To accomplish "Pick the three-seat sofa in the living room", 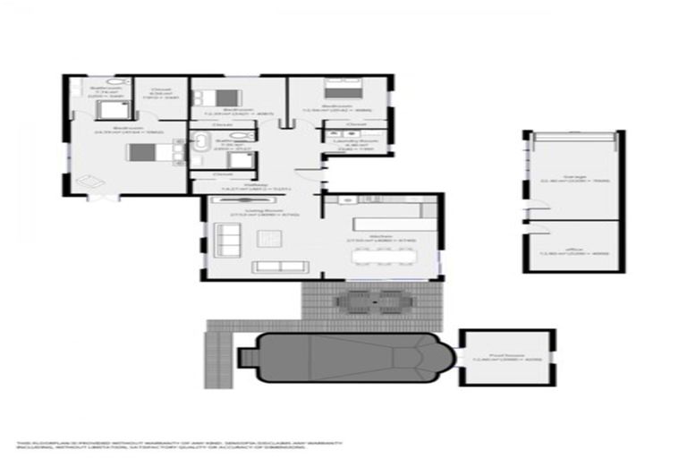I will pos(279,267).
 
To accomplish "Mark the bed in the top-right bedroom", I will pos(340,89).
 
